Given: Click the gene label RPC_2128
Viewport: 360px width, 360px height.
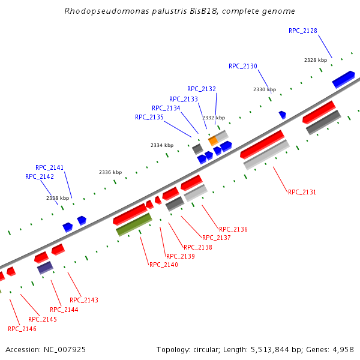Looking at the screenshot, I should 302,31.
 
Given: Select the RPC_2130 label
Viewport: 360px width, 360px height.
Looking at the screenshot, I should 242,66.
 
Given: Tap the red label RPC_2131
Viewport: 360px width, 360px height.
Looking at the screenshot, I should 302,192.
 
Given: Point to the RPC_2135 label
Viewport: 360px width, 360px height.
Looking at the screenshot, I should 149,117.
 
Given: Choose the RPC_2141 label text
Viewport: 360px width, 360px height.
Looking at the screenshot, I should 49,167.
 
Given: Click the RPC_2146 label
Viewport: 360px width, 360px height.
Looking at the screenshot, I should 22,329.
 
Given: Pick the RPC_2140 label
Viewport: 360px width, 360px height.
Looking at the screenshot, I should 163,265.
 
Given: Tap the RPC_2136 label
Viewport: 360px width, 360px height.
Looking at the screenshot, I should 233,229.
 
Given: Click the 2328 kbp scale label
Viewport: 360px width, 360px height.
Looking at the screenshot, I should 315,60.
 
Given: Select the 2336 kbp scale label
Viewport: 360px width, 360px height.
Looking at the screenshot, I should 110,172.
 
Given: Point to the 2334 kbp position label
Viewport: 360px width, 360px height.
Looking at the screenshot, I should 161,145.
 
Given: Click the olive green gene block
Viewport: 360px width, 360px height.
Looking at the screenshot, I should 134,224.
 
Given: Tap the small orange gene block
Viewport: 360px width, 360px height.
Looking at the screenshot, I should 212,140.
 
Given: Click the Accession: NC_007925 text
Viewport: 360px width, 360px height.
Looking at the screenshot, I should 46,349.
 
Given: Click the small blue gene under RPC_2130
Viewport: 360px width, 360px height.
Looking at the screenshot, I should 282,114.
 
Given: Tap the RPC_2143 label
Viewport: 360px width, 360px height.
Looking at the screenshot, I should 83,300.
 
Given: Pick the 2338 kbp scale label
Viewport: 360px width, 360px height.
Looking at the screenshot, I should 57,198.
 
